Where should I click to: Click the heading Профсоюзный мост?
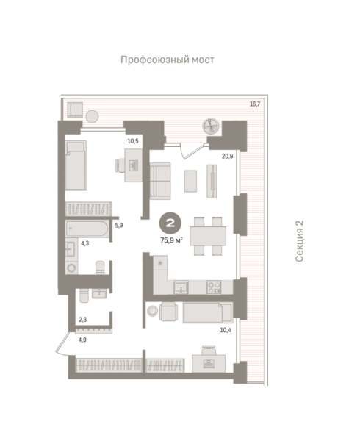tap(168, 60)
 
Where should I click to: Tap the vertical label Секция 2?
tap(300, 241)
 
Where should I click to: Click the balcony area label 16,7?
tap(255, 104)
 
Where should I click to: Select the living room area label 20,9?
tap(227, 156)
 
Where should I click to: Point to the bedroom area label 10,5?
tap(133, 141)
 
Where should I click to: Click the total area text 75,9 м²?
tap(172, 240)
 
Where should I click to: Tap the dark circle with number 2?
tap(170, 223)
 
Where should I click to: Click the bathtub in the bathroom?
tap(87, 229)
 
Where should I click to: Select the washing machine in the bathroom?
tap(71, 268)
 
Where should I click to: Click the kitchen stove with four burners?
tap(214, 287)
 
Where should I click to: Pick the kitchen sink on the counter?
tap(181, 287)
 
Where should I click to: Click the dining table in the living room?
tap(208, 236)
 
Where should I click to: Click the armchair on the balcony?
tap(75, 110)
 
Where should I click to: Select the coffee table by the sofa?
tap(190, 181)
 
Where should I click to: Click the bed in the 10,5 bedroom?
tap(76, 166)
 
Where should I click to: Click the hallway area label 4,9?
tap(82, 340)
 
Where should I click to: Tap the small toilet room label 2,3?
tap(82, 320)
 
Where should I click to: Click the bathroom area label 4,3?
tap(85, 243)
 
